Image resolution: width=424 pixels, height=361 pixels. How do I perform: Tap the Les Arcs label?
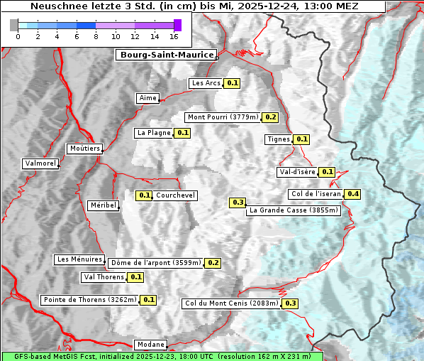click(206, 83)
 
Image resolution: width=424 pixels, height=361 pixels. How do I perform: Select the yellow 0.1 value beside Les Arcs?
click(233, 83)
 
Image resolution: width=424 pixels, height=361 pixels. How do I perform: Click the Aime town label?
click(148, 98)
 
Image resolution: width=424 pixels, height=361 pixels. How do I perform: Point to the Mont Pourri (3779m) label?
click(223, 117)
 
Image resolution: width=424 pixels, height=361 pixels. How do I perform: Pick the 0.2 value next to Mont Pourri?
click(270, 117)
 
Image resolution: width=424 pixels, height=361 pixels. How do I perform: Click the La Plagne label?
click(152, 133)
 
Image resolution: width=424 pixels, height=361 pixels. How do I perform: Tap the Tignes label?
click(278, 139)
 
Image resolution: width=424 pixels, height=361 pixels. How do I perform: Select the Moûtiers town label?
click(84, 149)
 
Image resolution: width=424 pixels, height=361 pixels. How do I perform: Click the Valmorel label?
click(40, 163)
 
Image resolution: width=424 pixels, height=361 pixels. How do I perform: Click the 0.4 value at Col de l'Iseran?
click(352, 194)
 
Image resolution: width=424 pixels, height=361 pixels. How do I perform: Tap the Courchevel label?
click(175, 195)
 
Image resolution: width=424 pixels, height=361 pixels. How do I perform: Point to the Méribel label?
click(104, 205)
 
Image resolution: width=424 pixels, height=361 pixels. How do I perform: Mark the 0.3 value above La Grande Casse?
click(238, 203)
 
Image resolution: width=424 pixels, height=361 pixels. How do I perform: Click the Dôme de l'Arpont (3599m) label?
click(155, 263)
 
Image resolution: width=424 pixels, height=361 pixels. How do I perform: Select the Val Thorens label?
click(104, 277)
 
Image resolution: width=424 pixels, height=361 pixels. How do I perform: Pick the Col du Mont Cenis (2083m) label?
click(231, 303)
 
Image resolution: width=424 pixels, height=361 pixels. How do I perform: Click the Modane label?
click(150, 345)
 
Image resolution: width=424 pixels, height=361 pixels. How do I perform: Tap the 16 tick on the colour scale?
click(174, 36)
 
